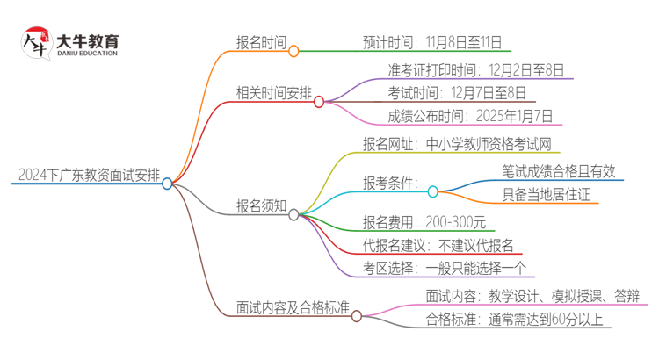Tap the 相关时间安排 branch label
pyautogui.click(x=273, y=90)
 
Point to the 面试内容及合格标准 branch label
pyautogui.click(x=293, y=308)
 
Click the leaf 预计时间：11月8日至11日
pyautogui.click(x=436, y=40)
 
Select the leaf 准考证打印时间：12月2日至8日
pyautogui.click(x=475, y=68)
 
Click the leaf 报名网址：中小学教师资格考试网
pyautogui.click(x=457, y=143)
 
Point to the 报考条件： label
pyautogui.click(x=391, y=183)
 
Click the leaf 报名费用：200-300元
pyautogui.click(x=424, y=221)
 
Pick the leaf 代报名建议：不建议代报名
pyautogui.click(x=438, y=245)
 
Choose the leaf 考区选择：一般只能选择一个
pyautogui.click(x=445, y=269)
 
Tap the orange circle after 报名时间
pyautogui.click(x=293, y=51)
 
